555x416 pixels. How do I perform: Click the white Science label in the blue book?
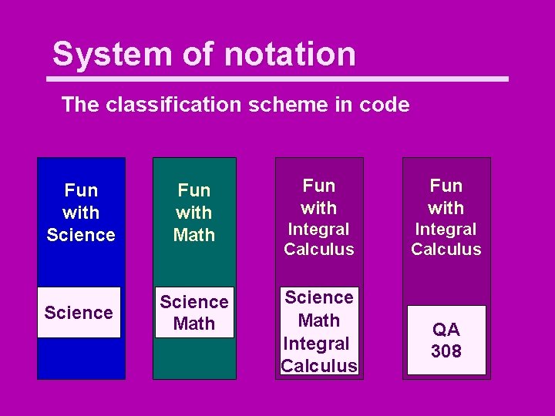(79, 312)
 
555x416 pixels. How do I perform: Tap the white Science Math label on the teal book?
(194, 313)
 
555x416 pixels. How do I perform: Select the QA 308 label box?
(446, 341)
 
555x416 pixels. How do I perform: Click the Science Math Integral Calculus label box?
(319, 331)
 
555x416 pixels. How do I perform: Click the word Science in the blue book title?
(81, 234)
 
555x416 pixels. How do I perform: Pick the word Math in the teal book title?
(194, 234)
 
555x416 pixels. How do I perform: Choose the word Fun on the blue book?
(81, 190)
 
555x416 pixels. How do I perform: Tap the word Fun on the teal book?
(194, 190)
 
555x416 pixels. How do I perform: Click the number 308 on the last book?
(446, 351)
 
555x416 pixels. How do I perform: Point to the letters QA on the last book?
(446, 330)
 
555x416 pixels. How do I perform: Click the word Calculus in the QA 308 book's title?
(446, 249)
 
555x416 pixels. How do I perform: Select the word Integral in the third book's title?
(319, 229)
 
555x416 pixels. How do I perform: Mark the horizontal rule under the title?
(277, 79)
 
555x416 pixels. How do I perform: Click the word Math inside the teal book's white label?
(194, 324)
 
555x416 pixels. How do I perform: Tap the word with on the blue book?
(81, 212)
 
